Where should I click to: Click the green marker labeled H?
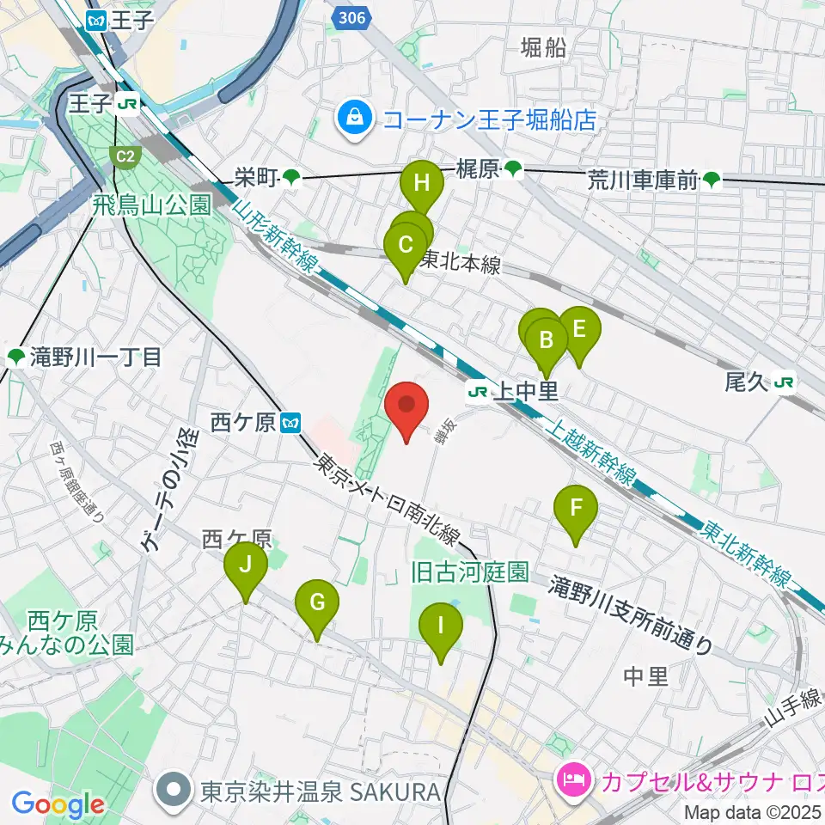tap(422, 183)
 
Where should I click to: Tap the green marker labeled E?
tap(579, 328)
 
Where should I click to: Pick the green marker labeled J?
tap(246, 565)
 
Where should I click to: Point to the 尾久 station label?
tap(744, 381)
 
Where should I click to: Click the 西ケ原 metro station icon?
tap(292, 423)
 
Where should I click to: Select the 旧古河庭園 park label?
tap(469, 571)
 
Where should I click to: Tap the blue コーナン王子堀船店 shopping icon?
tap(353, 119)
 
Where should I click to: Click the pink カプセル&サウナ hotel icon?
tap(571, 781)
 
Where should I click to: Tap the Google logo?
tap(58, 805)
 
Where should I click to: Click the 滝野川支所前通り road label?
tap(632, 614)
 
